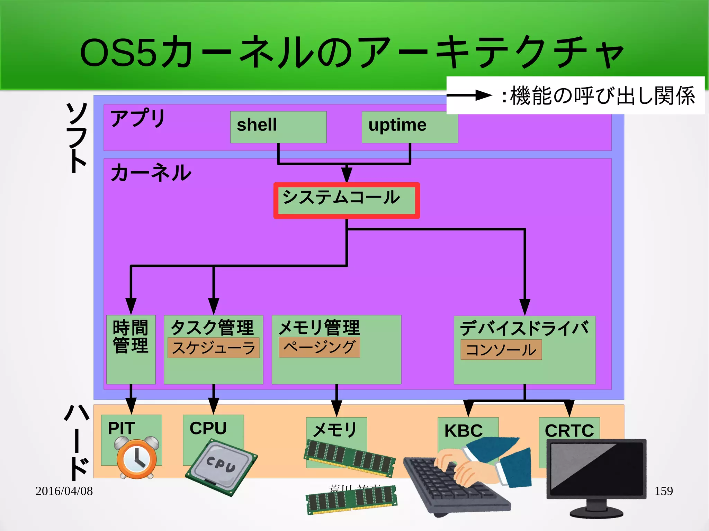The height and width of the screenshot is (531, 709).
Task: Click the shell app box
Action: point(278,127)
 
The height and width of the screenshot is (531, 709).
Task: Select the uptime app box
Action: point(410,127)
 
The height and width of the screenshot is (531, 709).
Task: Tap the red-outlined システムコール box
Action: point(347,200)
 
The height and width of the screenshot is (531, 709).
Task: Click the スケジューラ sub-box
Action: point(213,348)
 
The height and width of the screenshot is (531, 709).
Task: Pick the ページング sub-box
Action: point(319,347)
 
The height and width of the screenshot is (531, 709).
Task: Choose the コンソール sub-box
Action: point(501,350)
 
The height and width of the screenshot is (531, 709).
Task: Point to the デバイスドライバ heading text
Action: point(524,328)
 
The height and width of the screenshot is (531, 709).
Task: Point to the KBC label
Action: point(463,431)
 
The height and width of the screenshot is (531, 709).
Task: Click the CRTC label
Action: point(569,431)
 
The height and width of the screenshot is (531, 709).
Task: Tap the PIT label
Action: point(121,428)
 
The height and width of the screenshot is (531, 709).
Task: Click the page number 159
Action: point(663,491)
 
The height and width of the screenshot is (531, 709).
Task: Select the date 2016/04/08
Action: point(64,491)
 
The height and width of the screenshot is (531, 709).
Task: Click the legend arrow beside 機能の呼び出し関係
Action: point(469,95)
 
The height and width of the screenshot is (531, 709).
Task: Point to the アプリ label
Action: point(137,118)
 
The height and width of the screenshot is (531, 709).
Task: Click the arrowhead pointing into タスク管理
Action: point(214,306)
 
